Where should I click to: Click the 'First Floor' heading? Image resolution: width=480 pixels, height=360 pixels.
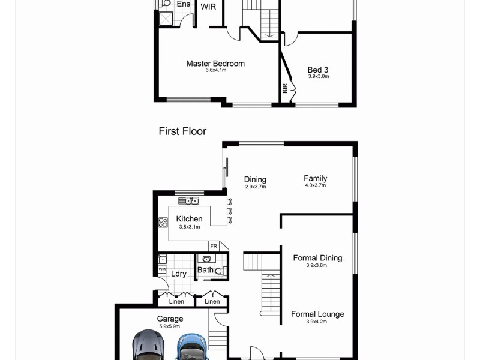point(182,131)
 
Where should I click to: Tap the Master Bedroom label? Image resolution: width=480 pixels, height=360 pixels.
point(215,64)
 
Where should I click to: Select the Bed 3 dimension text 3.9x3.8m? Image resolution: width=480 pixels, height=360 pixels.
point(318,76)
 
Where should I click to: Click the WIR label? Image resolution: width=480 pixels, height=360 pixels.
point(208,7)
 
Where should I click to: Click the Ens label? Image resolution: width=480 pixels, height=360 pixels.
point(183,4)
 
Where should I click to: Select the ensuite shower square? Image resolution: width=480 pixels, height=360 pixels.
point(165,19)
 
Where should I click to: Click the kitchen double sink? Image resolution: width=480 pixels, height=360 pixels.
point(192,201)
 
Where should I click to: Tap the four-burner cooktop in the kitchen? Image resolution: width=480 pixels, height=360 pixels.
point(163,223)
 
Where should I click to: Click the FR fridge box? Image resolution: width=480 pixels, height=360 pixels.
point(213,246)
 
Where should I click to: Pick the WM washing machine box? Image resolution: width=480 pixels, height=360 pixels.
point(161,270)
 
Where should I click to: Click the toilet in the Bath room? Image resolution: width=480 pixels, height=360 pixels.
point(220,271)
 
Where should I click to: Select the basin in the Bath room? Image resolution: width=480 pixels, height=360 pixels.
point(207,259)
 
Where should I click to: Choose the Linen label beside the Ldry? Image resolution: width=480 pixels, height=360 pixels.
point(176,301)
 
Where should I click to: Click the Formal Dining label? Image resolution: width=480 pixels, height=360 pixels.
point(317,258)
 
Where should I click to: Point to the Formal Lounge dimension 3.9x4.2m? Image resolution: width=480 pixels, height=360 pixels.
point(317,322)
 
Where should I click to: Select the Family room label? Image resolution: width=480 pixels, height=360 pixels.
point(315,178)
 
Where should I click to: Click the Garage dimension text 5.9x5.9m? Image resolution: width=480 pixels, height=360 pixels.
point(170,326)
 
